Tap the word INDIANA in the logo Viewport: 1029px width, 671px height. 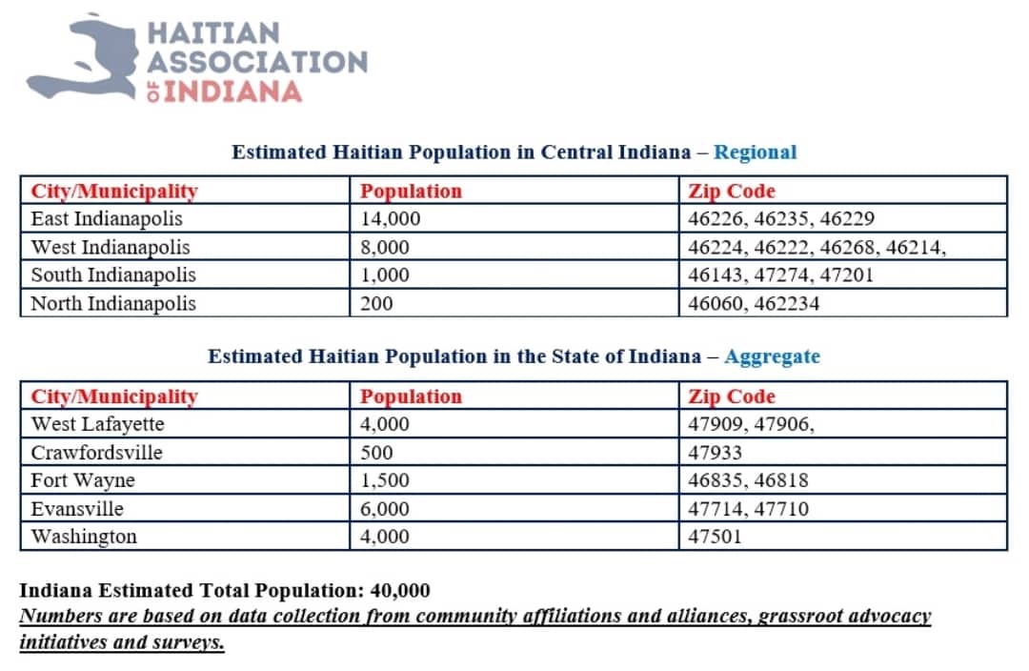[233, 92]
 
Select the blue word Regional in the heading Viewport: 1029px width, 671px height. [755, 152]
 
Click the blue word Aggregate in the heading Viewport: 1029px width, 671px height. [772, 356]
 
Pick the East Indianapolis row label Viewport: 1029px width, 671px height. [107, 219]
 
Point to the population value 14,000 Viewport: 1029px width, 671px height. [391, 219]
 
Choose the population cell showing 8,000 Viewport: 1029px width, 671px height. [385, 248]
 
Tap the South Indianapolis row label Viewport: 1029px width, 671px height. [113, 275]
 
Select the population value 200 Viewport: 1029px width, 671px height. [376, 304]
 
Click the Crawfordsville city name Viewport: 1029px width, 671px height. [96, 453]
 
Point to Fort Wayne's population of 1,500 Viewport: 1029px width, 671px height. [385, 480]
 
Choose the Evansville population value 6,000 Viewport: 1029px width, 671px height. [385, 509]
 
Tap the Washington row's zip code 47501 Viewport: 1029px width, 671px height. [715, 537]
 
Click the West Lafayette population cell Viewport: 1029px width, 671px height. [385, 424]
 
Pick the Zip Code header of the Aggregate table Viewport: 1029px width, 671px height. [732, 396]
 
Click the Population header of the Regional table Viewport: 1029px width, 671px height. [411, 192]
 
